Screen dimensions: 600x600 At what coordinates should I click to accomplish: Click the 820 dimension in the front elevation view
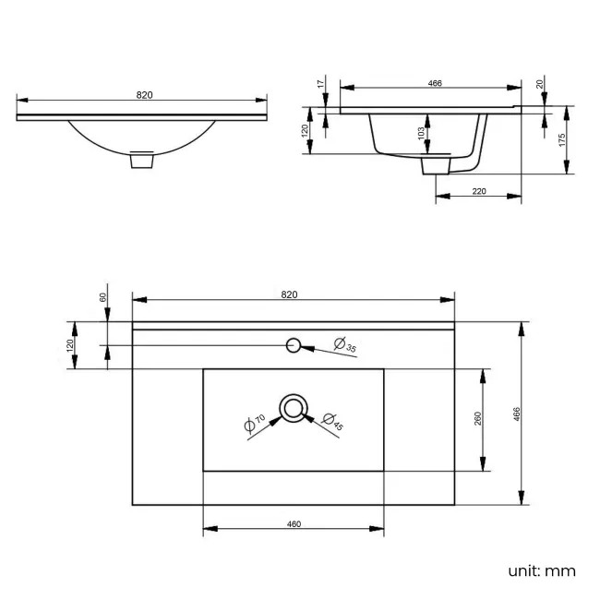(x=144, y=95)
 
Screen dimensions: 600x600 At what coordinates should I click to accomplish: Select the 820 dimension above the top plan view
(x=289, y=294)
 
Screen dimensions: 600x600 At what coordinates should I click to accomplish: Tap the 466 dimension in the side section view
(x=435, y=84)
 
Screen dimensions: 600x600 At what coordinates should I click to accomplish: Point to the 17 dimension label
(x=320, y=84)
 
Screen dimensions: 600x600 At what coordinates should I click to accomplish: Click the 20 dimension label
(x=540, y=84)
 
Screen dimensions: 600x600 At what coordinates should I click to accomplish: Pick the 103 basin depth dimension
(x=421, y=134)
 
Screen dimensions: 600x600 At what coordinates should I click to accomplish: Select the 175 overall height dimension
(x=562, y=138)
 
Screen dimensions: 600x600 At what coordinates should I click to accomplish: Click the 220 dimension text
(x=478, y=192)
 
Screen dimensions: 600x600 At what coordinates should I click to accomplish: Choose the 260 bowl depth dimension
(x=477, y=419)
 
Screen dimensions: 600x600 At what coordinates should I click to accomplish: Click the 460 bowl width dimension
(x=294, y=524)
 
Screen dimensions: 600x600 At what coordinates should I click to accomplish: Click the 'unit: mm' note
(x=541, y=570)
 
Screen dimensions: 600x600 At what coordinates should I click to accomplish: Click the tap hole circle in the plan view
(x=294, y=345)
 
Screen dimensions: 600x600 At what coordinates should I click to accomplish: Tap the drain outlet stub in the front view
(x=141, y=161)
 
